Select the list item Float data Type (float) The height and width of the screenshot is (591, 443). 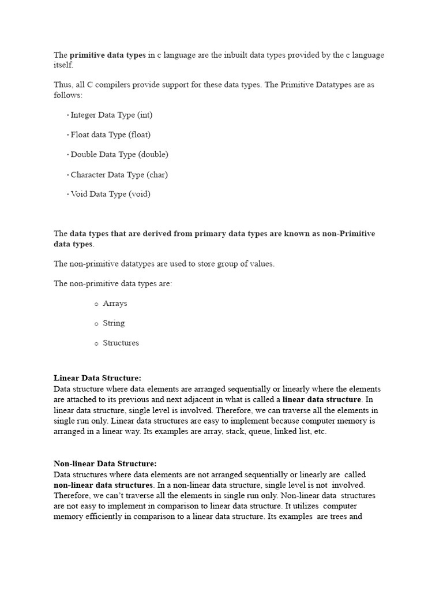pyautogui.click(x=110, y=134)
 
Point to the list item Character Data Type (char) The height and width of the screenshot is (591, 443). pyautogui.click(x=119, y=174)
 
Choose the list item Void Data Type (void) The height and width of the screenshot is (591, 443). pyautogui.click(x=110, y=194)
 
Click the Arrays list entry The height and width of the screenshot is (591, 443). pyautogui.click(x=115, y=304)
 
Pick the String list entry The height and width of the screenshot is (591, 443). pyautogui.click(x=114, y=323)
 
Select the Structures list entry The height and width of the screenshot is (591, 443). pyautogui.click(x=121, y=343)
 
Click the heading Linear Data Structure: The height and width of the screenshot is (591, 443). pyautogui.click(x=97, y=378)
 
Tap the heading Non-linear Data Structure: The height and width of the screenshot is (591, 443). pyautogui.click(x=105, y=463)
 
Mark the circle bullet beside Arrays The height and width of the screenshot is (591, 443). pyautogui.click(x=96, y=304)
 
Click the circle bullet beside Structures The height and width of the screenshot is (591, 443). pyautogui.click(x=96, y=344)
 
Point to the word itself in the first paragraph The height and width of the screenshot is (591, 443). pyautogui.click(x=63, y=65)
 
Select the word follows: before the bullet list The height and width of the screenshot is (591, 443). pyautogui.click(x=68, y=95)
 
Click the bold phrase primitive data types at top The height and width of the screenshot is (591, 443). pyautogui.click(x=108, y=55)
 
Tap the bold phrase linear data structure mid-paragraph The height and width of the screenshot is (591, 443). pyautogui.click(x=322, y=399)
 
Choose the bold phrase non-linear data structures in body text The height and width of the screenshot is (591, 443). pyautogui.click(x=104, y=485)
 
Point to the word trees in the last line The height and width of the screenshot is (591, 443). pyautogui.click(x=335, y=517)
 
